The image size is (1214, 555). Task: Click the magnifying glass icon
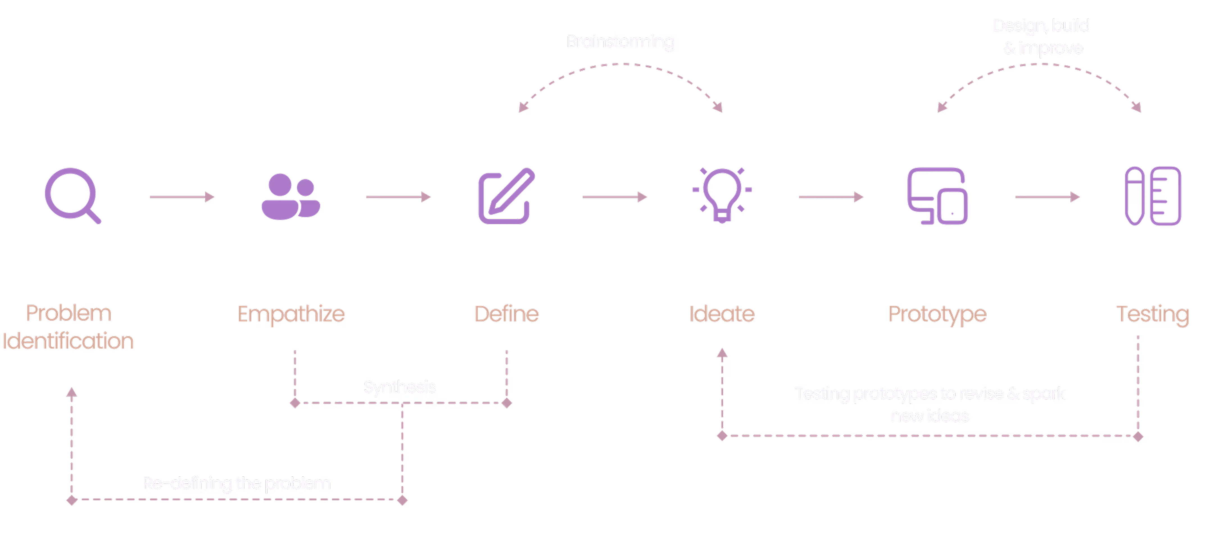tap(72, 195)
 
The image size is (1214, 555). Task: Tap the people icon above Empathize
tap(291, 196)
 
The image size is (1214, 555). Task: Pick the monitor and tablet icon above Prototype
tap(937, 196)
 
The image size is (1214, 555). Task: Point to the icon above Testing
tap(1152, 196)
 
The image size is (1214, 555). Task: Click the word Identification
tap(68, 341)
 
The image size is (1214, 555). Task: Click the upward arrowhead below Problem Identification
tap(71, 392)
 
